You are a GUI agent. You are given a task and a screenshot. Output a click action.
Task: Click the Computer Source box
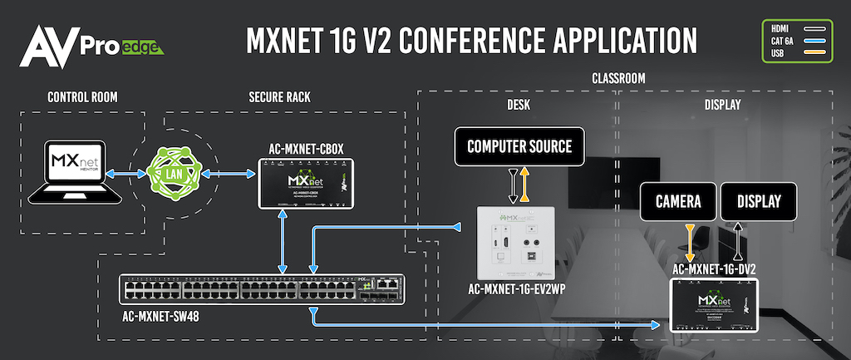[519, 147]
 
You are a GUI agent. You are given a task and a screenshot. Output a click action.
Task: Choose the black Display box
[759, 200]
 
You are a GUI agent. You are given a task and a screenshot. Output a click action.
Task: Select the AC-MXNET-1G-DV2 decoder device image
[715, 303]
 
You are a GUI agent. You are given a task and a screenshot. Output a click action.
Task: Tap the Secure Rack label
[279, 97]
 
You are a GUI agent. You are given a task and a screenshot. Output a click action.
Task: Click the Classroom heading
[618, 78]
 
